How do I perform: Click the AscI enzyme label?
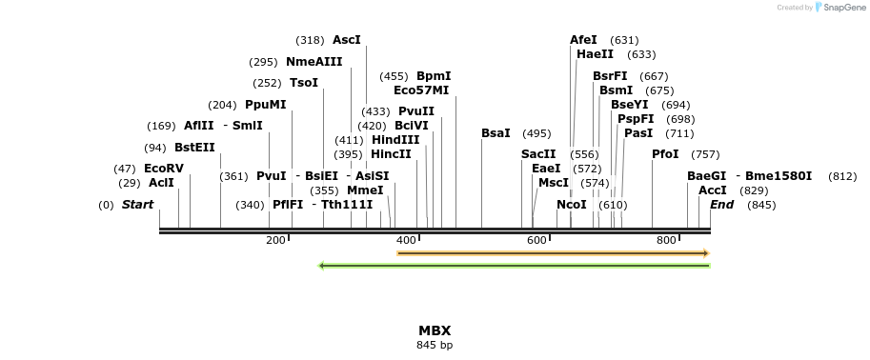pyautogui.click(x=346, y=40)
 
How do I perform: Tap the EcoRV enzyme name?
pyautogui.click(x=164, y=168)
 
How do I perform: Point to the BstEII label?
pyautogui.click(x=194, y=147)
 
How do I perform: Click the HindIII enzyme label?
pyautogui.click(x=395, y=140)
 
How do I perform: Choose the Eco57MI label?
pyautogui.click(x=421, y=90)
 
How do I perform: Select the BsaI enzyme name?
pyautogui.click(x=496, y=133)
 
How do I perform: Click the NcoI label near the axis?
pyautogui.click(x=572, y=205)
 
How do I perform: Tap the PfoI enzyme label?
pyautogui.click(x=665, y=154)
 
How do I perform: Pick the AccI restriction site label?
pyautogui.click(x=713, y=190)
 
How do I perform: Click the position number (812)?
pyautogui.click(x=842, y=176)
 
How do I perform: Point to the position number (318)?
pyautogui.click(x=310, y=40)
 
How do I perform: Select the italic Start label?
pyautogui.click(x=137, y=205)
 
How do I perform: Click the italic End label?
pyautogui.click(x=722, y=205)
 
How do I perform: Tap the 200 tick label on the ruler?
pyautogui.click(x=275, y=241)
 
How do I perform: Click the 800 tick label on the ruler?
pyautogui.click(x=667, y=241)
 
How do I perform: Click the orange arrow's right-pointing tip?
pyautogui.click(x=707, y=253)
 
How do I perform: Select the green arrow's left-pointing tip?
pyautogui.click(x=320, y=265)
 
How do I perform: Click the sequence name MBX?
pyautogui.click(x=435, y=330)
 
